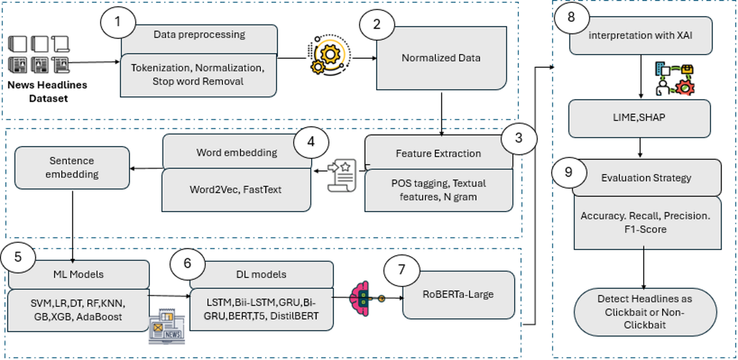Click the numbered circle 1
(118, 22)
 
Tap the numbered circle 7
(401, 270)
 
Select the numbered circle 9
(569, 172)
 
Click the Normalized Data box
(441, 58)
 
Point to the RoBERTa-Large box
(458, 295)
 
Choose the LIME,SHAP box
(639, 118)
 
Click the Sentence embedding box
(72, 168)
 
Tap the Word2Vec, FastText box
(236, 190)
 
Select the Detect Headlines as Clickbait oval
(645, 312)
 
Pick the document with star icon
(343, 175)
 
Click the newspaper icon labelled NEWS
(166, 327)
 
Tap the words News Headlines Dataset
(48, 92)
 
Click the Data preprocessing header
(199, 35)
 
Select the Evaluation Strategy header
(646, 178)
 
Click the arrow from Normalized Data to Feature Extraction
(441, 114)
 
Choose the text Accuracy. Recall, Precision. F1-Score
(645, 223)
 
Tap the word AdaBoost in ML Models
(99, 317)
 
